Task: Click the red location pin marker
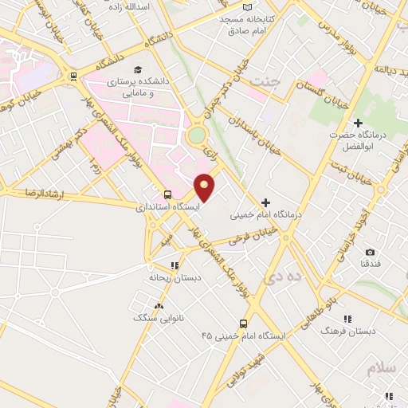click(205, 187)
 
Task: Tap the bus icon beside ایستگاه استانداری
click(167, 194)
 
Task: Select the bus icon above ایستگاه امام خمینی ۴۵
click(244, 324)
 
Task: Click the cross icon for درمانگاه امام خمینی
click(266, 202)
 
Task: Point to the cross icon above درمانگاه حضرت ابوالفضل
click(358, 123)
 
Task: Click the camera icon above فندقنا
click(370, 252)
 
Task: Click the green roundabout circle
click(196, 136)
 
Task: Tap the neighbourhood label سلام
click(382, 369)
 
